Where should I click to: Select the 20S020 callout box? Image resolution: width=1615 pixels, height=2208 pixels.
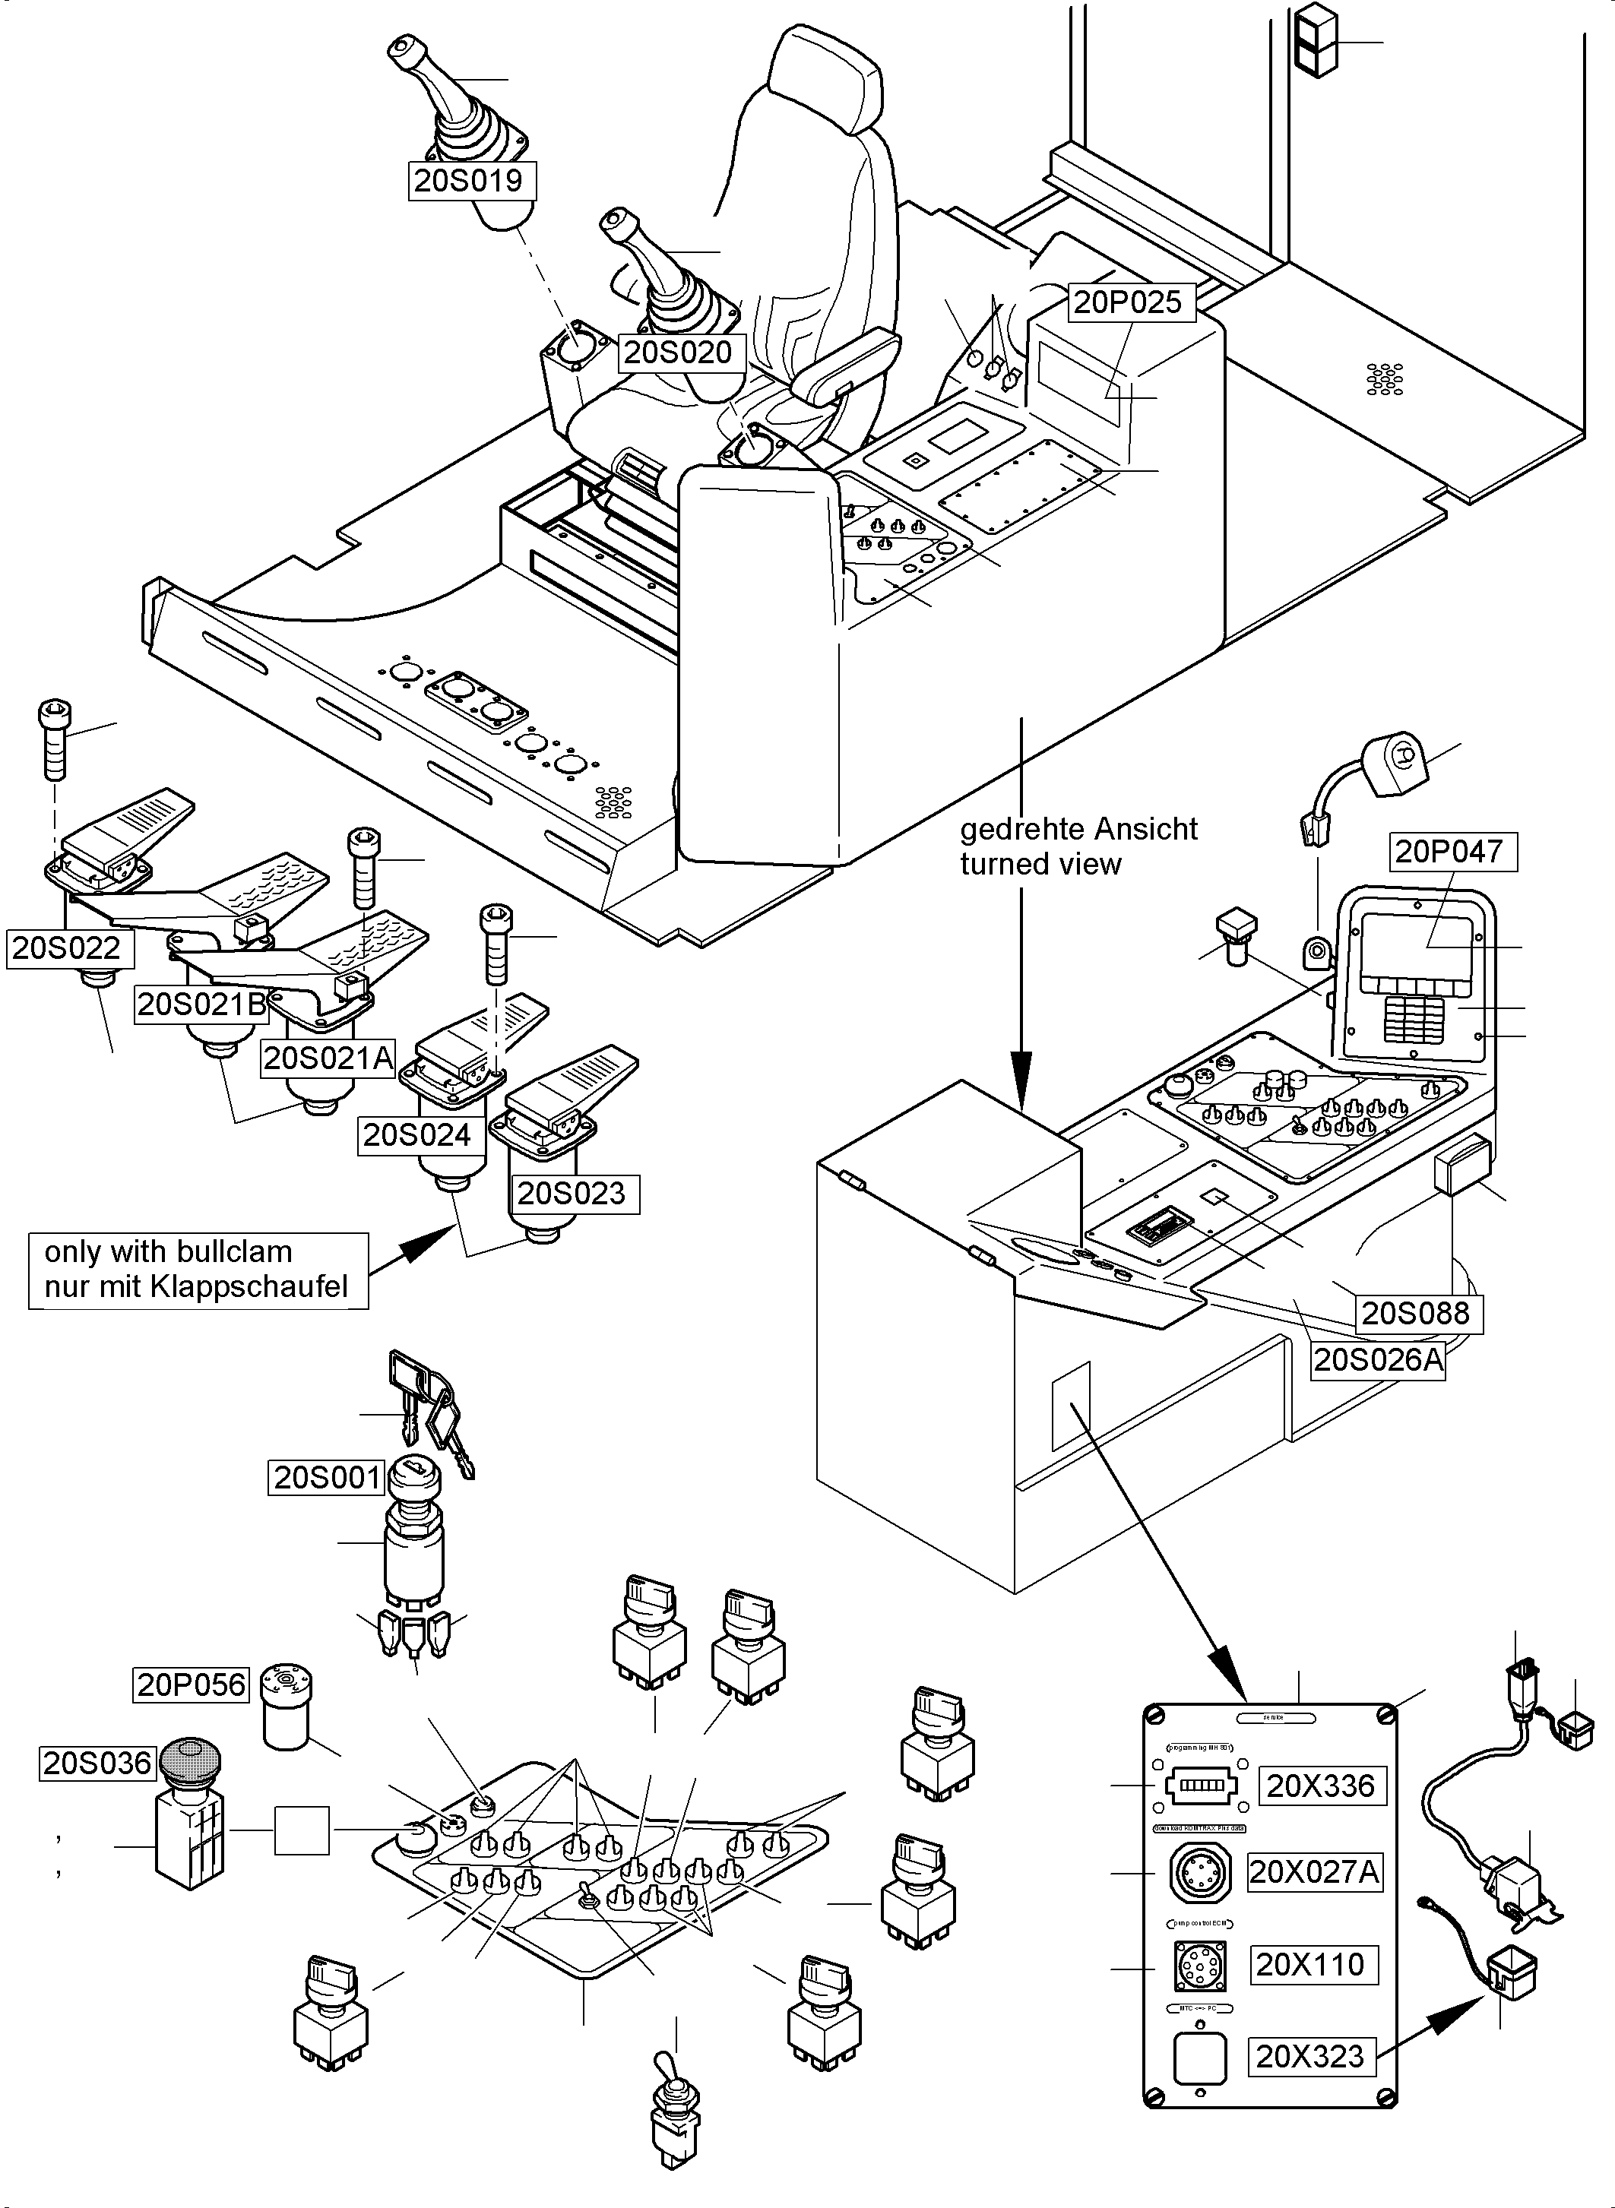(677, 352)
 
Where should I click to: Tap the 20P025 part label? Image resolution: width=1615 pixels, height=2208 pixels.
(1127, 302)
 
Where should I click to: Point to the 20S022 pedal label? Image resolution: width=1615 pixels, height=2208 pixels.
(65, 947)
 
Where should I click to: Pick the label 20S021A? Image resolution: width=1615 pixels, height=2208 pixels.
(328, 1058)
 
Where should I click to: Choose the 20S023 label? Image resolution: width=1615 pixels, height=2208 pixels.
(571, 1194)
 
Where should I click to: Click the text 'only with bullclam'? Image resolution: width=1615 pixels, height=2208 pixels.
(168, 1251)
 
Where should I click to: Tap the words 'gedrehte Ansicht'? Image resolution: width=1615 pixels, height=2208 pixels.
(1078, 829)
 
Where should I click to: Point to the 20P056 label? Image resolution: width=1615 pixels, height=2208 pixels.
(192, 1684)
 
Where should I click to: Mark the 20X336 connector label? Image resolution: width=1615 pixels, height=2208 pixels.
(1320, 1786)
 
